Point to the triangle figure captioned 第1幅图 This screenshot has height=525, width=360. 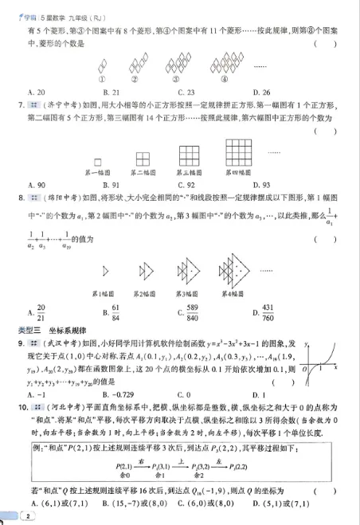point(105,272)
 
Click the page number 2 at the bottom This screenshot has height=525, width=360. point(28,516)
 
